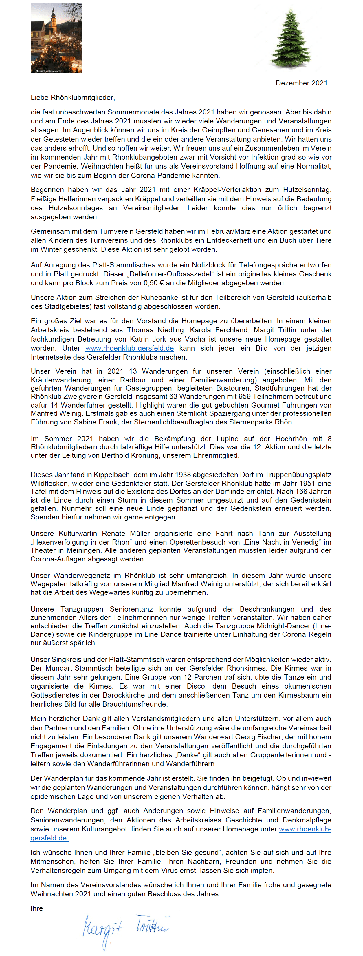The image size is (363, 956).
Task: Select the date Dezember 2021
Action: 301,83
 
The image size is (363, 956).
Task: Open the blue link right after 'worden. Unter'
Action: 129,348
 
